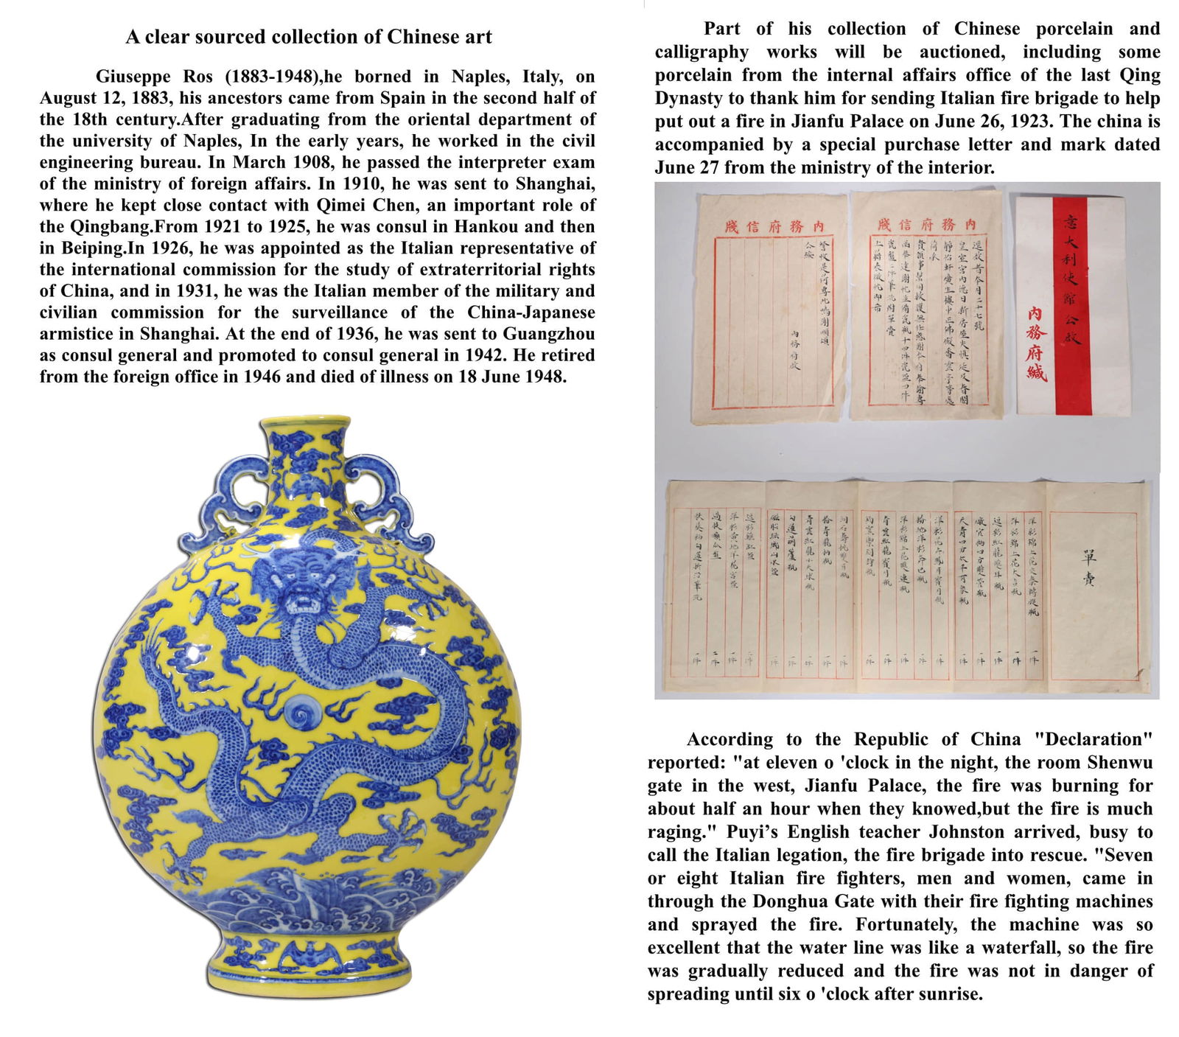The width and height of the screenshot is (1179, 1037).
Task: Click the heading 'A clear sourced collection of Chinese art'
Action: tap(308, 37)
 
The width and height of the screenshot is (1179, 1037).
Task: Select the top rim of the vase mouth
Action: tap(305, 422)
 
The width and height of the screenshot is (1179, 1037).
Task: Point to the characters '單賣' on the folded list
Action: tap(1088, 568)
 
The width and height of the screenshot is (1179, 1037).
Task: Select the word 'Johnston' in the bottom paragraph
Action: tap(965, 832)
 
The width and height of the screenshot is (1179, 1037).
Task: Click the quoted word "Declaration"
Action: tap(1093, 739)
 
